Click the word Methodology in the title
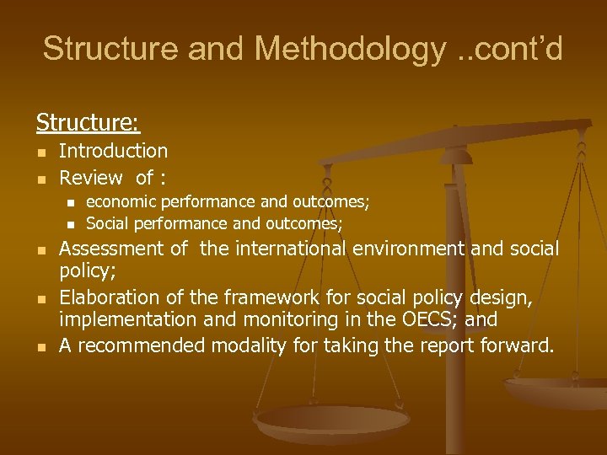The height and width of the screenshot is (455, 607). click(349, 49)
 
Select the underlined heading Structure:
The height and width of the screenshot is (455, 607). click(88, 123)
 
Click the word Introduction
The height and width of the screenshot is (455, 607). click(113, 151)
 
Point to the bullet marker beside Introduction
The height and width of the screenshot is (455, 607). click(40, 152)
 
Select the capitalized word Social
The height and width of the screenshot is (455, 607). click(108, 223)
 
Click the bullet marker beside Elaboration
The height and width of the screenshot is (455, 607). click(40, 298)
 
